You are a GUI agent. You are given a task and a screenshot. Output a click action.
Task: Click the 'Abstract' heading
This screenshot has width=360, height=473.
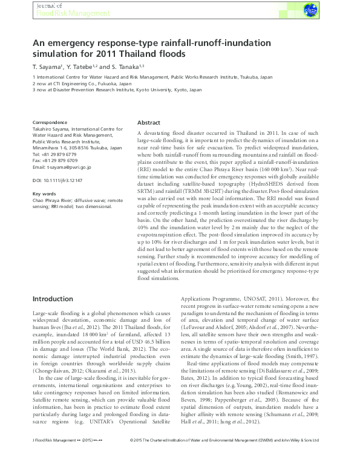(x=149, y=122)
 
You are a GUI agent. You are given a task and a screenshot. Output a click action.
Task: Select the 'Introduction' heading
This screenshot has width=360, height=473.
(x=53, y=299)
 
